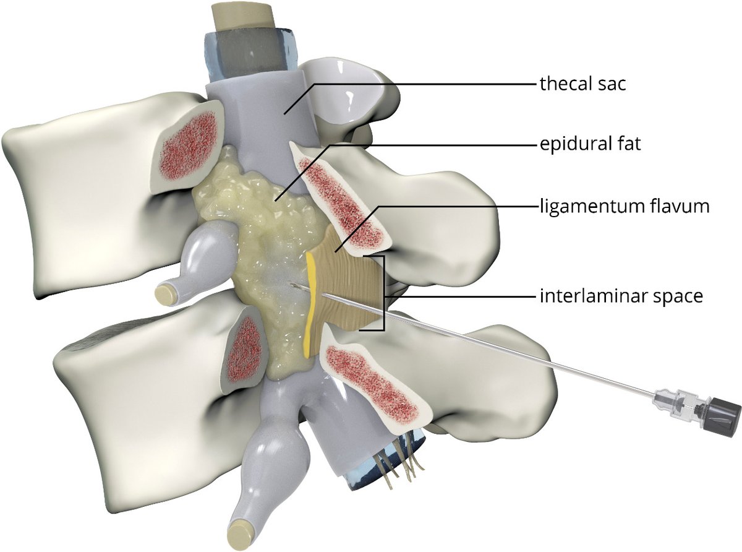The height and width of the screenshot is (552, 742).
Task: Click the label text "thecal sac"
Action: pos(582,84)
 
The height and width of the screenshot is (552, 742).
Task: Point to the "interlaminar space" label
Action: pos(620,296)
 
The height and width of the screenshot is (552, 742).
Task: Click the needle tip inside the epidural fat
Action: pos(290,284)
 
